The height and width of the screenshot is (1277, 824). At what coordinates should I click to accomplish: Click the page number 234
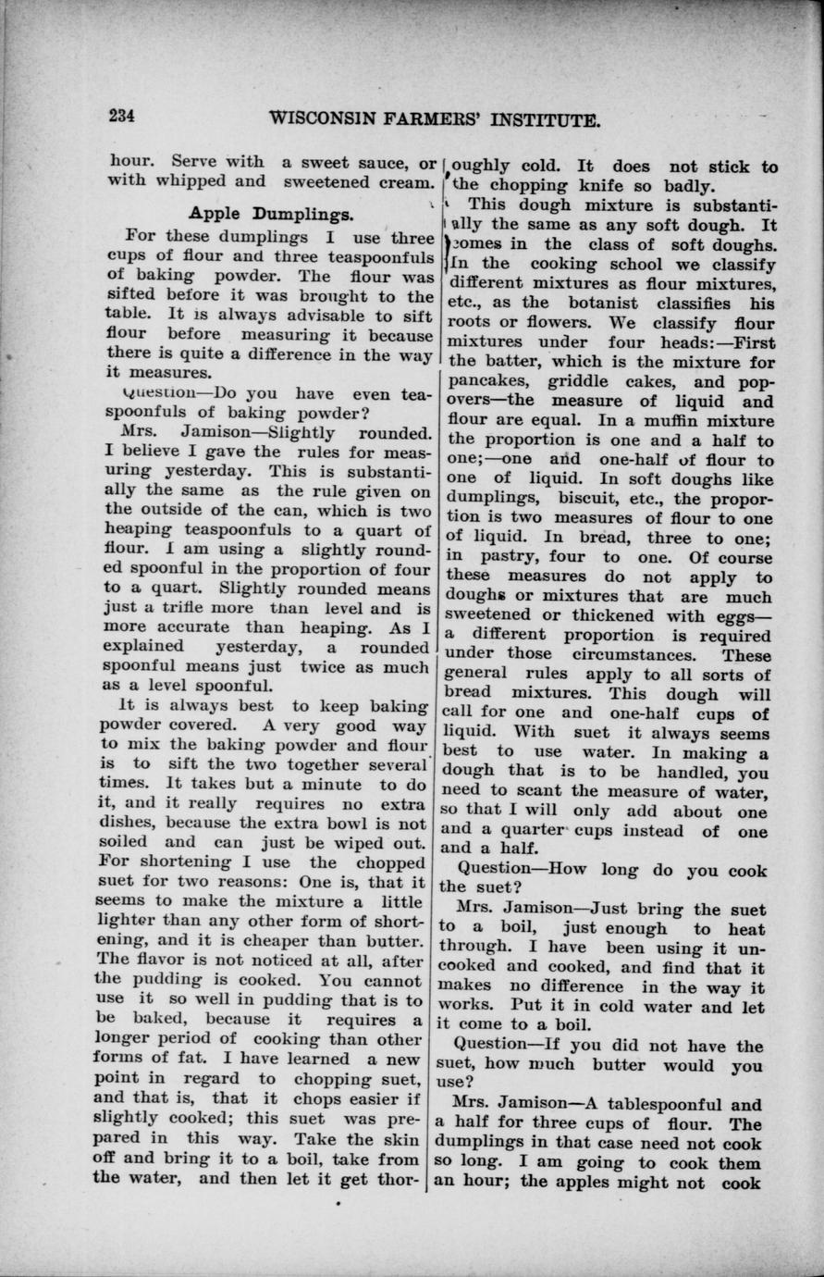pos(121,117)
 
